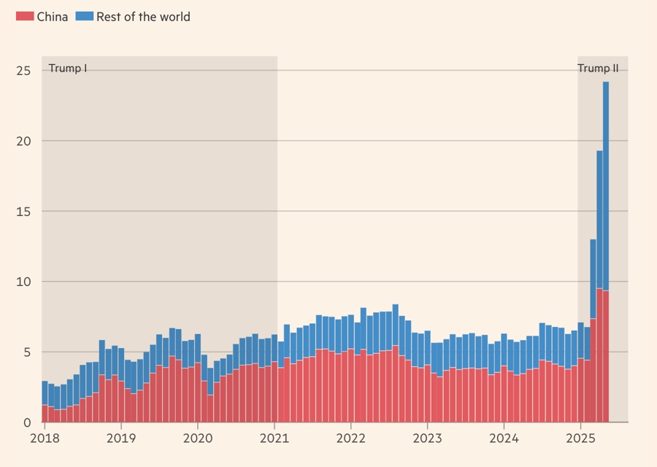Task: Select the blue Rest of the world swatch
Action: tap(84, 16)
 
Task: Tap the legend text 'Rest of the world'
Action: tap(143, 16)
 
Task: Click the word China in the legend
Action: tap(53, 16)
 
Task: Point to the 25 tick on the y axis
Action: tap(23, 71)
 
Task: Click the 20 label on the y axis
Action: tap(23, 141)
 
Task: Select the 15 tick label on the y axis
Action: tap(23, 212)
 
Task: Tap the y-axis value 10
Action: tap(23, 282)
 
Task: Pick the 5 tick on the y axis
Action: tap(27, 352)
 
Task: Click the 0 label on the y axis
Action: tap(27, 422)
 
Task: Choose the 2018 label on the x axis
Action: tap(45, 439)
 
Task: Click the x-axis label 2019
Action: tap(120, 439)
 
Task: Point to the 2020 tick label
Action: tap(197, 439)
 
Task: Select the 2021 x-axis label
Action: tap(274, 439)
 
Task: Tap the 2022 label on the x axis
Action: tap(351, 439)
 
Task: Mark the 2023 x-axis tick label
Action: tap(428, 439)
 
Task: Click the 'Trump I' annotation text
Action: tap(68, 69)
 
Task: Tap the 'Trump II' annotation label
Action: tap(598, 69)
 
